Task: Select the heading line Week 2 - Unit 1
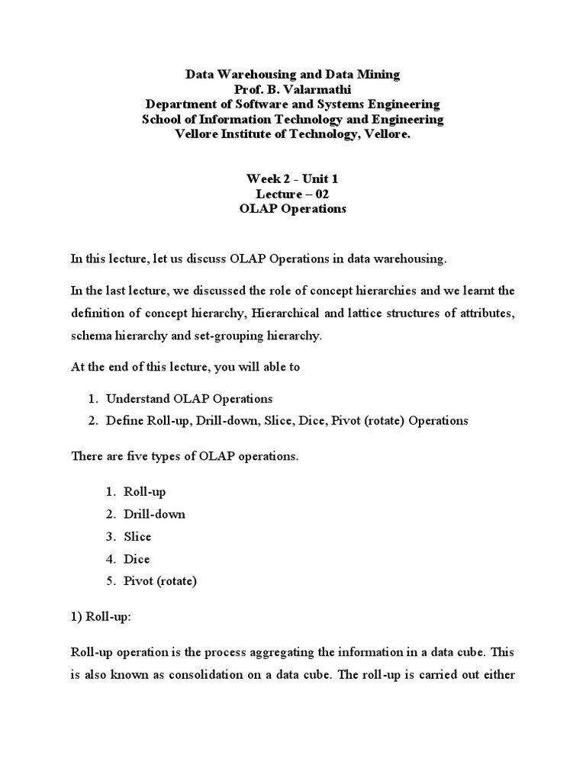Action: pyautogui.click(x=292, y=178)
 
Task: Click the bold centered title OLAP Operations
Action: pyautogui.click(x=292, y=209)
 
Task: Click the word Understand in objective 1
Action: pyautogui.click(x=140, y=399)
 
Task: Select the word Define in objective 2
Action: pyautogui.click(x=124, y=420)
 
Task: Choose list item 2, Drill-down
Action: pyautogui.click(x=153, y=514)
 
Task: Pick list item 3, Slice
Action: pyautogui.click(x=137, y=536)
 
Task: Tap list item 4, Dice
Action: pyautogui.click(x=137, y=559)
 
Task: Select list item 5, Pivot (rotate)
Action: pyautogui.click(x=159, y=581)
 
